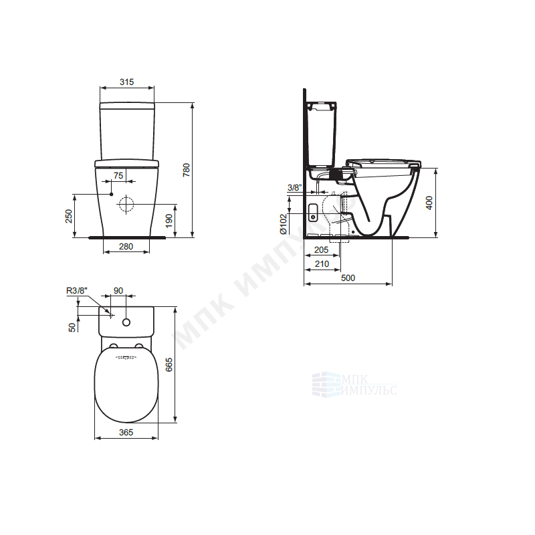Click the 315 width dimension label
(x=126, y=82)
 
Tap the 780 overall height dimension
(x=187, y=170)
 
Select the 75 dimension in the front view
(x=118, y=175)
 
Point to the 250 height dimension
(x=69, y=216)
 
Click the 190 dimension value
(x=169, y=221)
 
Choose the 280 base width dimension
(x=126, y=246)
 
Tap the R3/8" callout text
(x=77, y=291)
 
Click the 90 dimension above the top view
(x=118, y=291)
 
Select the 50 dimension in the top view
(x=72, y=327)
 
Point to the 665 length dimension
(x=169, y=364)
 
